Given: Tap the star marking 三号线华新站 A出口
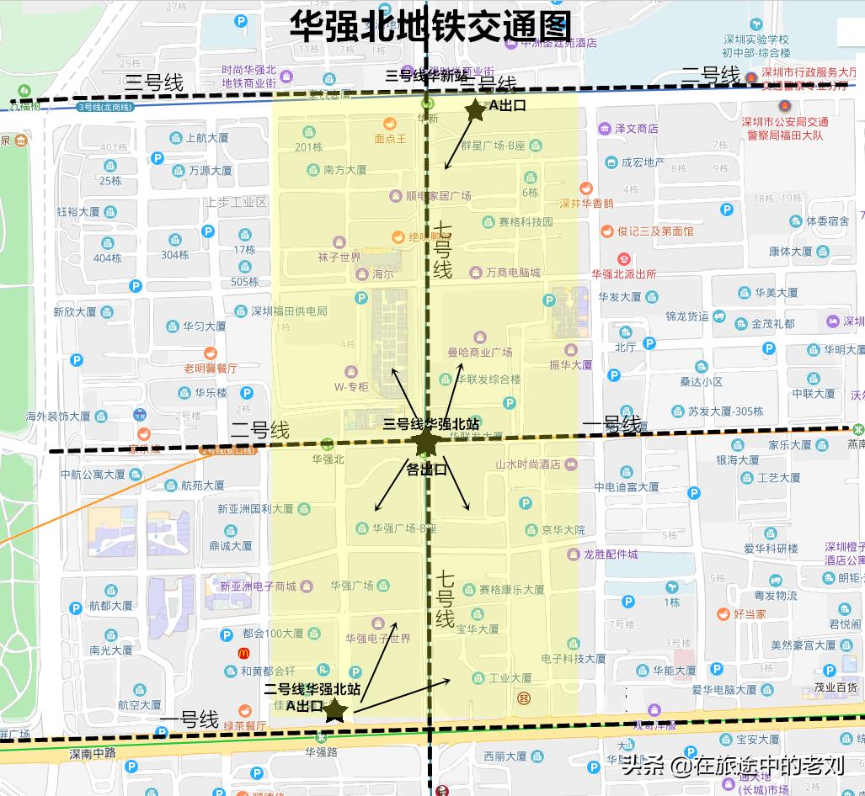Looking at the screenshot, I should (476, 109).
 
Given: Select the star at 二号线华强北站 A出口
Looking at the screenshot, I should (335, 711).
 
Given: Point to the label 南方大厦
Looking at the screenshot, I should (344, 170).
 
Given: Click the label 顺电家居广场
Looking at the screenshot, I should (437, 196).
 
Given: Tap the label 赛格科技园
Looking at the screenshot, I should (525, 222).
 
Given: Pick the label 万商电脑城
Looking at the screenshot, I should (512, 273).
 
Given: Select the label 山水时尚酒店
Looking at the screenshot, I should (527, 464).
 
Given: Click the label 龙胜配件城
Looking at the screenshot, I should (611, 555).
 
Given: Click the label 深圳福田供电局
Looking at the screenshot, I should (289, 311).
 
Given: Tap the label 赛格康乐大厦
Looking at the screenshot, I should (511, 590).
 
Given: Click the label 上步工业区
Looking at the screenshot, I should (236, 202).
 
